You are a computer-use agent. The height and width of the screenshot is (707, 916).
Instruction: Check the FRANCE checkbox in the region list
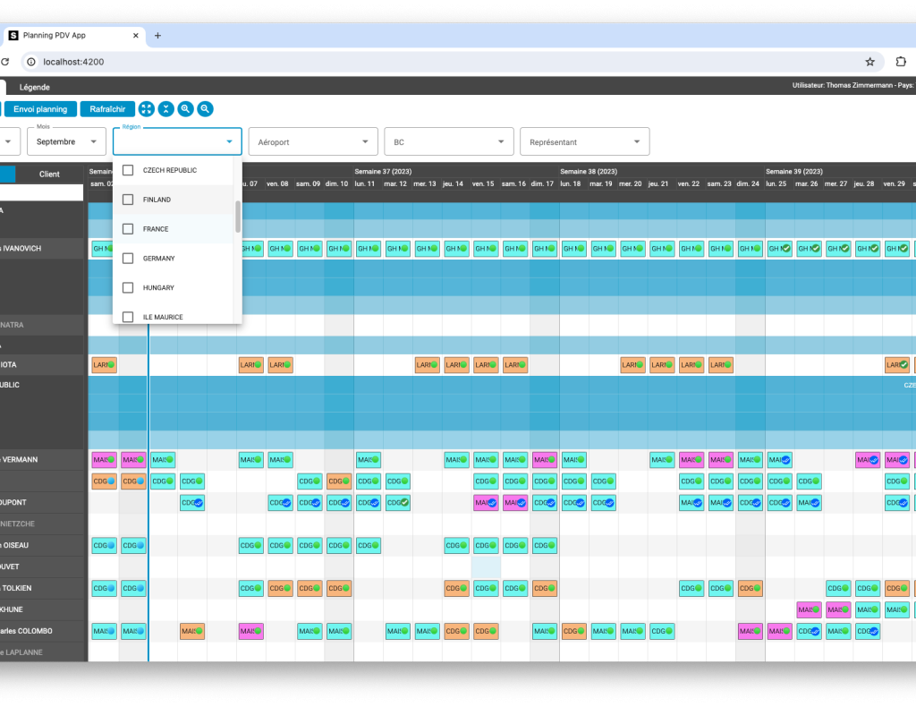pyautogui.click(x=128, y=229)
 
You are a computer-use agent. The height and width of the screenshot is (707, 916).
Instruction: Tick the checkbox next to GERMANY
pyautogui.click(x=128, y=259)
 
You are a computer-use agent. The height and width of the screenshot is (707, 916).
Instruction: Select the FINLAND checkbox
pyautogui.click(x=128, y=200)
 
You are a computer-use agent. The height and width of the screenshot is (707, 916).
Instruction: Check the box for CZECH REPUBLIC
pyautogui.click(x=128, y=170)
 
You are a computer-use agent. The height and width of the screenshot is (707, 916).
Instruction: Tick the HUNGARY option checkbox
pyautogui.click(x=128, y=288)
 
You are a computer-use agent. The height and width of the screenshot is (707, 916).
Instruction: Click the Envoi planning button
pyautogui.click(x=40, y=109)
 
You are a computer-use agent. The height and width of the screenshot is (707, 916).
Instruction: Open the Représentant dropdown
pyautogui.click(x=584, y=141)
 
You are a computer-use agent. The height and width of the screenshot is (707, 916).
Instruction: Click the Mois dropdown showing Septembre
pyautogui.click(x=67, y=141)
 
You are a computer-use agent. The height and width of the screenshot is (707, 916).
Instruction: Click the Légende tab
pyautogui.click(x=35, y=87)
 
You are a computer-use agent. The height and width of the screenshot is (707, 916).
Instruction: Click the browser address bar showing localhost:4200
pyautogui.click(x=447, y=62)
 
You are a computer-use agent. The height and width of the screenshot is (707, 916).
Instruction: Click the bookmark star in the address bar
pyautogui.click(x=869, y=62)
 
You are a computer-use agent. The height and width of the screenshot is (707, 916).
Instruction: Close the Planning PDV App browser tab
pyautogui.click(x=137, y=36)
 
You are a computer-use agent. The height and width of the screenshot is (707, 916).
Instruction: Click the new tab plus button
pyautogui.click(x=158, y=36)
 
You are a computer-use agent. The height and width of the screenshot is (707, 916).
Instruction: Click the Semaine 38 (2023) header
pyautogui.click(x=588, y=171)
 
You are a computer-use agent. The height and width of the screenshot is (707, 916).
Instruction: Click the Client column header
pyautogui.click(x=49, y=175)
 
